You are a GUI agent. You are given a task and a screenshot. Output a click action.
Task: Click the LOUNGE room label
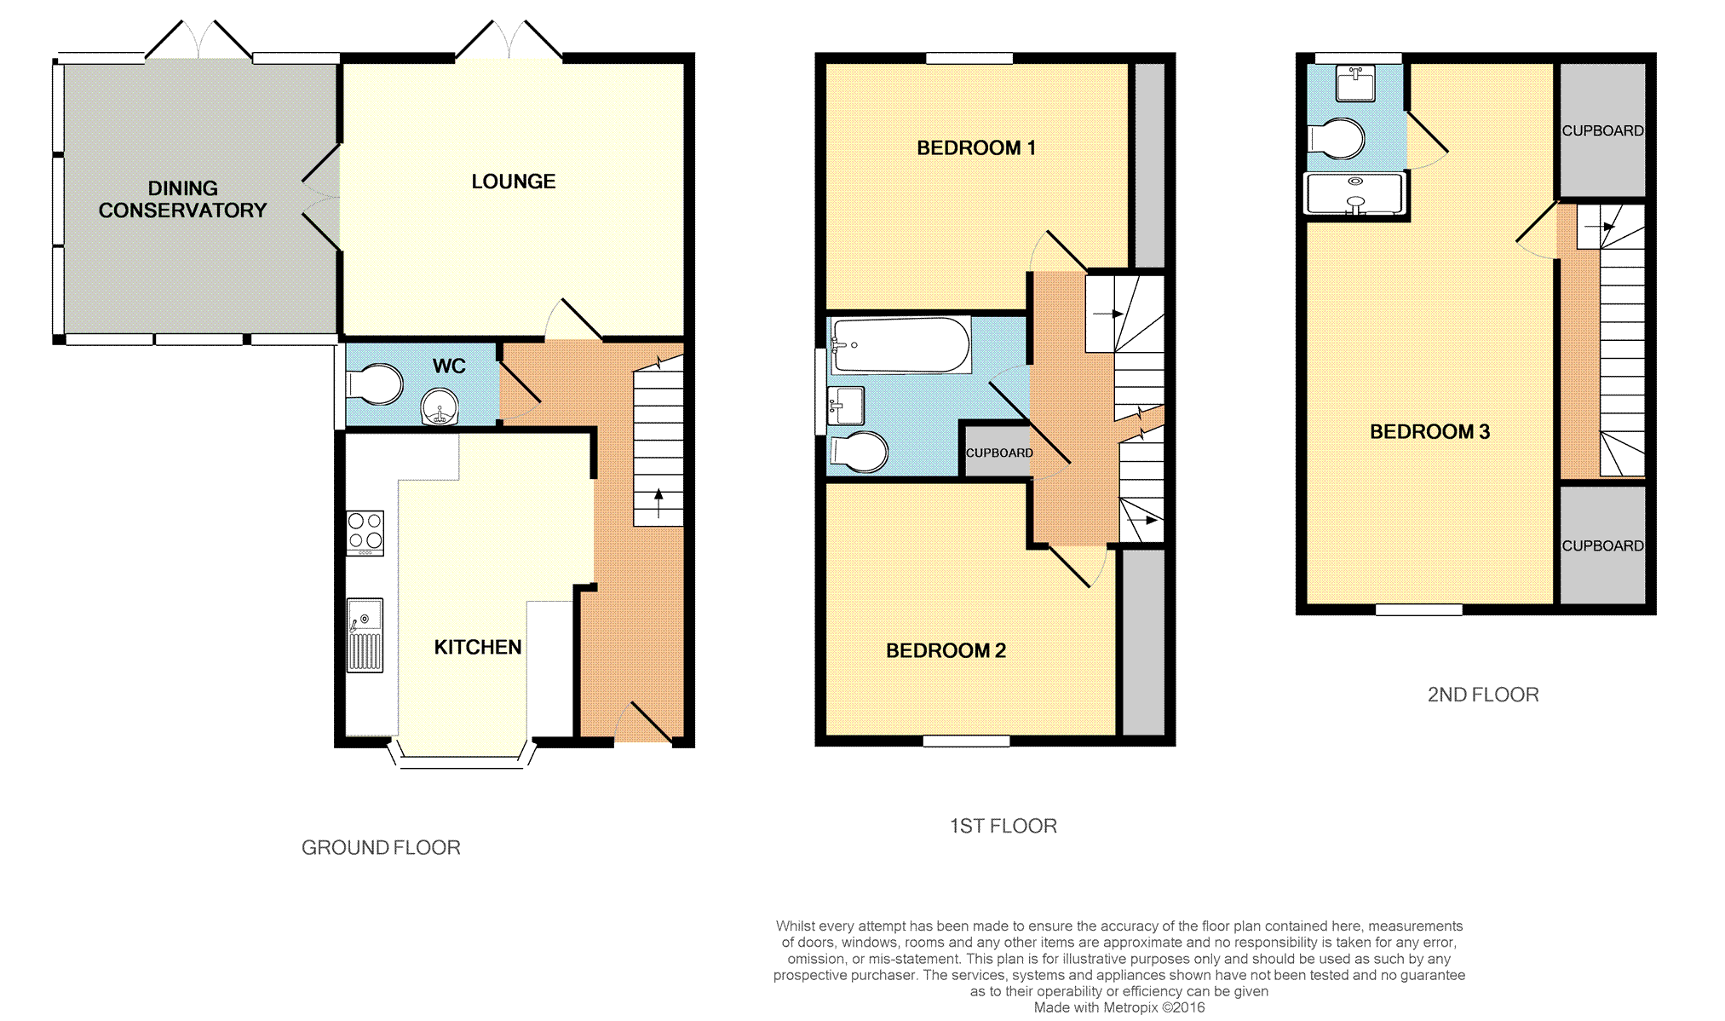click(x=514, y=182)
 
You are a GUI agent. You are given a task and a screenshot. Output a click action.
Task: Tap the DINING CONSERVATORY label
click(x=182, y=199)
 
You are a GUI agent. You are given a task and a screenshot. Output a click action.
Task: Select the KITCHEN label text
click(x=478, y=648)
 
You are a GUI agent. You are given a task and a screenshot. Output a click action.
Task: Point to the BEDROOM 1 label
click(x=976, y=148)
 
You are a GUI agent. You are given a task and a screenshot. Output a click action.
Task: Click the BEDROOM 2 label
click(x=946, y=651)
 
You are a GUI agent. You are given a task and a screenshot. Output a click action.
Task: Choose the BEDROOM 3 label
click(x=1429, y=432)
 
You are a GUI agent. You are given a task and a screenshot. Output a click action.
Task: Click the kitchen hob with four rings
click(x=365, y=533)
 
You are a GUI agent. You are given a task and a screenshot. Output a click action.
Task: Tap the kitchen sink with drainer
click(x=365, y=635)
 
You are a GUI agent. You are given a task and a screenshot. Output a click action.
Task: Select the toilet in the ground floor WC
click(x=374, y=384)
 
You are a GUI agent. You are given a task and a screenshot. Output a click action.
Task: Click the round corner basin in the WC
click(x=440, y=407)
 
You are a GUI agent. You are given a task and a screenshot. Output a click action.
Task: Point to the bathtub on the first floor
click(x=901, y=345)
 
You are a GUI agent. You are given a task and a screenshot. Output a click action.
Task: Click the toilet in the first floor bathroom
click(x=859, y=452)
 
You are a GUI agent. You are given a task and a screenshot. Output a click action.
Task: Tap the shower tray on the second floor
click(x=1354, y=193)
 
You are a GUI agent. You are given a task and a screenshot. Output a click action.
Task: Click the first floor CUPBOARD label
click(x=999, y=453)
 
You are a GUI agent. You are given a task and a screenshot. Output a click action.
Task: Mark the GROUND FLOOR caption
click(x=381, y=848)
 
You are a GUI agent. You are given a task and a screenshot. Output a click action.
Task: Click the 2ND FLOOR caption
click(x=1483, y=695)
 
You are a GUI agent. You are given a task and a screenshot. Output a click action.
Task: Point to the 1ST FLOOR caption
click(x=1003, y=827)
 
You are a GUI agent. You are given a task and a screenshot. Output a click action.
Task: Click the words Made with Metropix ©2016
click(x=1119, y=1008)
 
